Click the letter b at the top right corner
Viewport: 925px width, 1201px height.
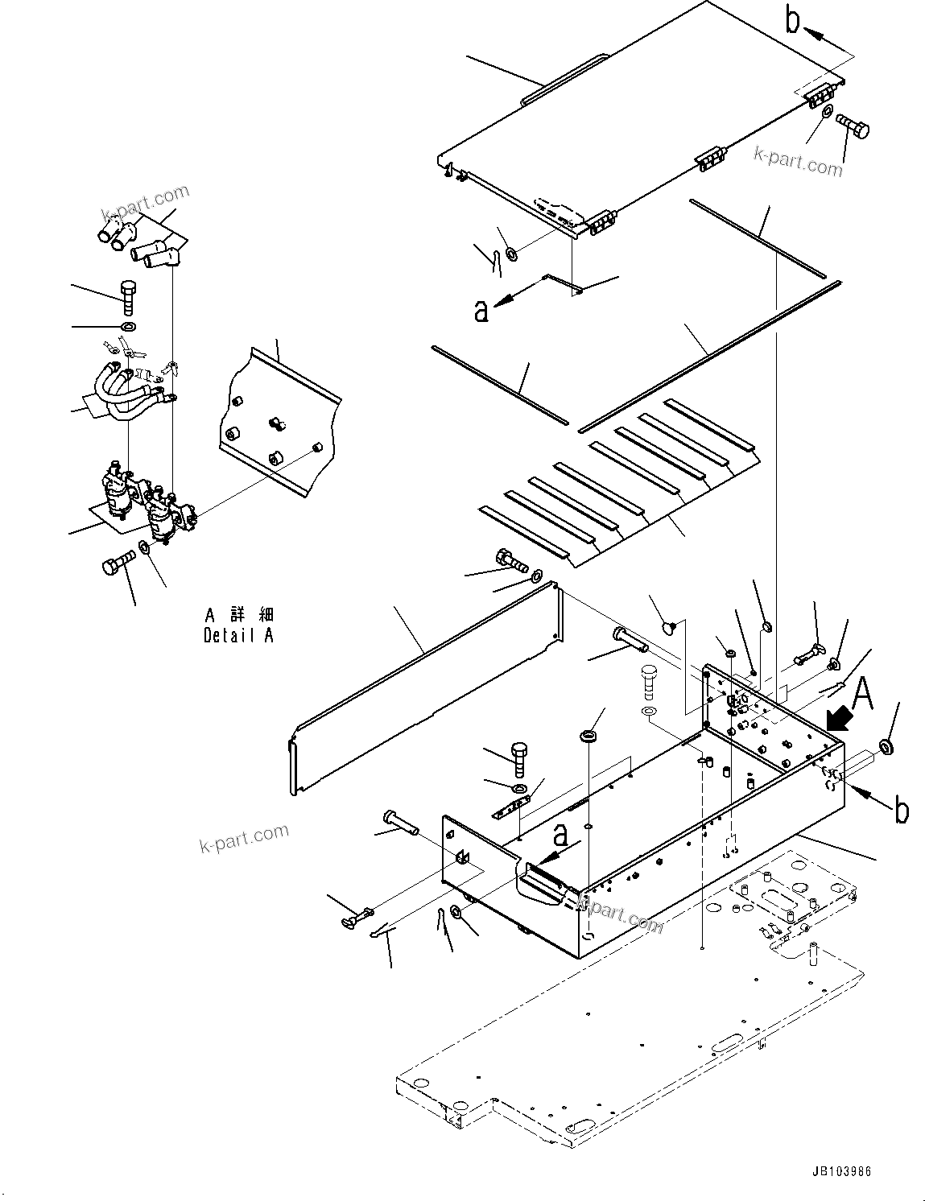[793, 22]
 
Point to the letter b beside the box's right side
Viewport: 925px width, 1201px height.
[902, 811]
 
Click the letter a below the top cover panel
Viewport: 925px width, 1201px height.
[481, 310]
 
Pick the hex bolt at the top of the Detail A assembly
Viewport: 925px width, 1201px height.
[127, 297]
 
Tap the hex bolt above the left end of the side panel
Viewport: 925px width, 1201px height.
[505, 556]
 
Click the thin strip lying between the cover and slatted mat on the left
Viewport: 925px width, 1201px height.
[499, 384]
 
